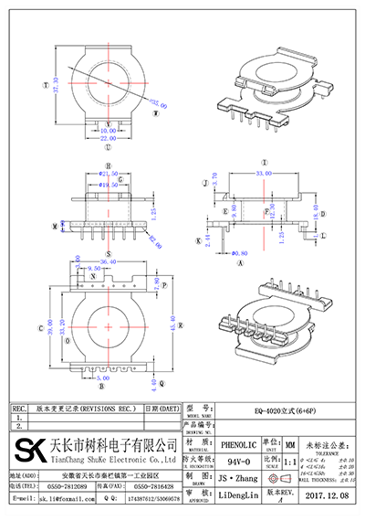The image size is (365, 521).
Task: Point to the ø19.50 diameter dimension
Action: (109, 183)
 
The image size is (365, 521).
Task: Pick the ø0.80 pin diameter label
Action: (239, 252)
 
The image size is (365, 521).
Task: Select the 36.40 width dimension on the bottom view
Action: (107, 262)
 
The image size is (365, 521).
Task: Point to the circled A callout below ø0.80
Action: (239, 262)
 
